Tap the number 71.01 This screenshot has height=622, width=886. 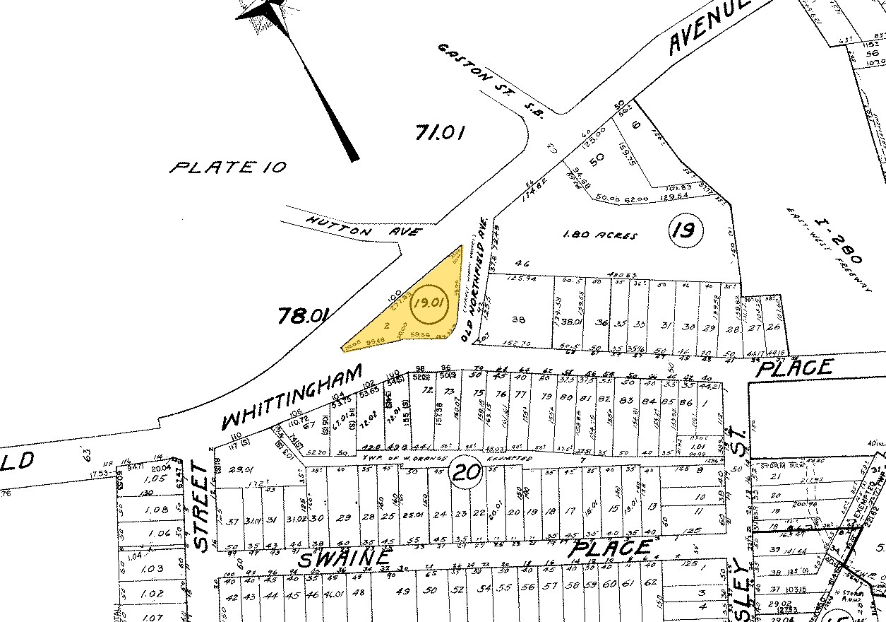pos(440,132)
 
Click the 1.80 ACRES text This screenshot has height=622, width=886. pos(598,236)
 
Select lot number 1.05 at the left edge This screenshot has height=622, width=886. pos(143,479)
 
